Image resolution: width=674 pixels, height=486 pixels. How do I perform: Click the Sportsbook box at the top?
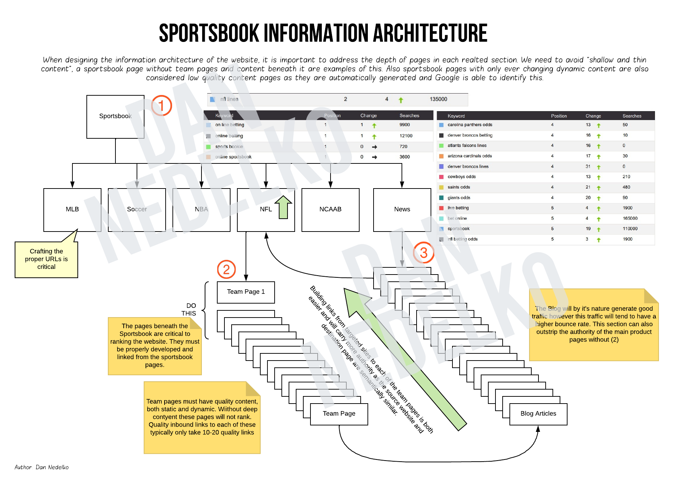point(115,116)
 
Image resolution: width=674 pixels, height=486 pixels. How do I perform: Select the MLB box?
point(72,210)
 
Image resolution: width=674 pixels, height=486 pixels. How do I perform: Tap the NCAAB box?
point(330,210)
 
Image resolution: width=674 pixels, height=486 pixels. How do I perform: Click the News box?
point(402,210)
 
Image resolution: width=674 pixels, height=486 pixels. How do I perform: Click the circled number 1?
point(161,106)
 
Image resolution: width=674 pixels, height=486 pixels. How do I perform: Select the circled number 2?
point(226,270)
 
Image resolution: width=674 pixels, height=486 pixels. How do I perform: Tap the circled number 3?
point(423,253)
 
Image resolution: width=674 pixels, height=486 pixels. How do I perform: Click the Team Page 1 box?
point(246,292)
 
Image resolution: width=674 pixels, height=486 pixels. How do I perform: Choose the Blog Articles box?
point(538,414)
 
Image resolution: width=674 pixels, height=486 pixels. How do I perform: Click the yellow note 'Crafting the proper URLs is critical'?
point(46,259)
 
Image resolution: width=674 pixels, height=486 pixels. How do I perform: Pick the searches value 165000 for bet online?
point(630,218)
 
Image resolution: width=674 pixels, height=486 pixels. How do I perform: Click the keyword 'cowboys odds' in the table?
point(461,177)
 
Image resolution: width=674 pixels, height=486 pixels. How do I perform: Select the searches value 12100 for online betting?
point(406,136)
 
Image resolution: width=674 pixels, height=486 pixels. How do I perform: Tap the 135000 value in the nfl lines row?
point(438,99)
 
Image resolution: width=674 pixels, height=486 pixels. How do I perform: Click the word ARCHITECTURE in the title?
point(430,33)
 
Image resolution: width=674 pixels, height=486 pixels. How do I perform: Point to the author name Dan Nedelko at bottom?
point(52,467)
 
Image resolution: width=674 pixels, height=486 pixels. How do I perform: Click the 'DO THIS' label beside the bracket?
point(189,310)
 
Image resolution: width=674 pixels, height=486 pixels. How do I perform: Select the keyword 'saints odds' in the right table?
point(459,187)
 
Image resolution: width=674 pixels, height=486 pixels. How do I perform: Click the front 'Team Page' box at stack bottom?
point(339,414)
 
